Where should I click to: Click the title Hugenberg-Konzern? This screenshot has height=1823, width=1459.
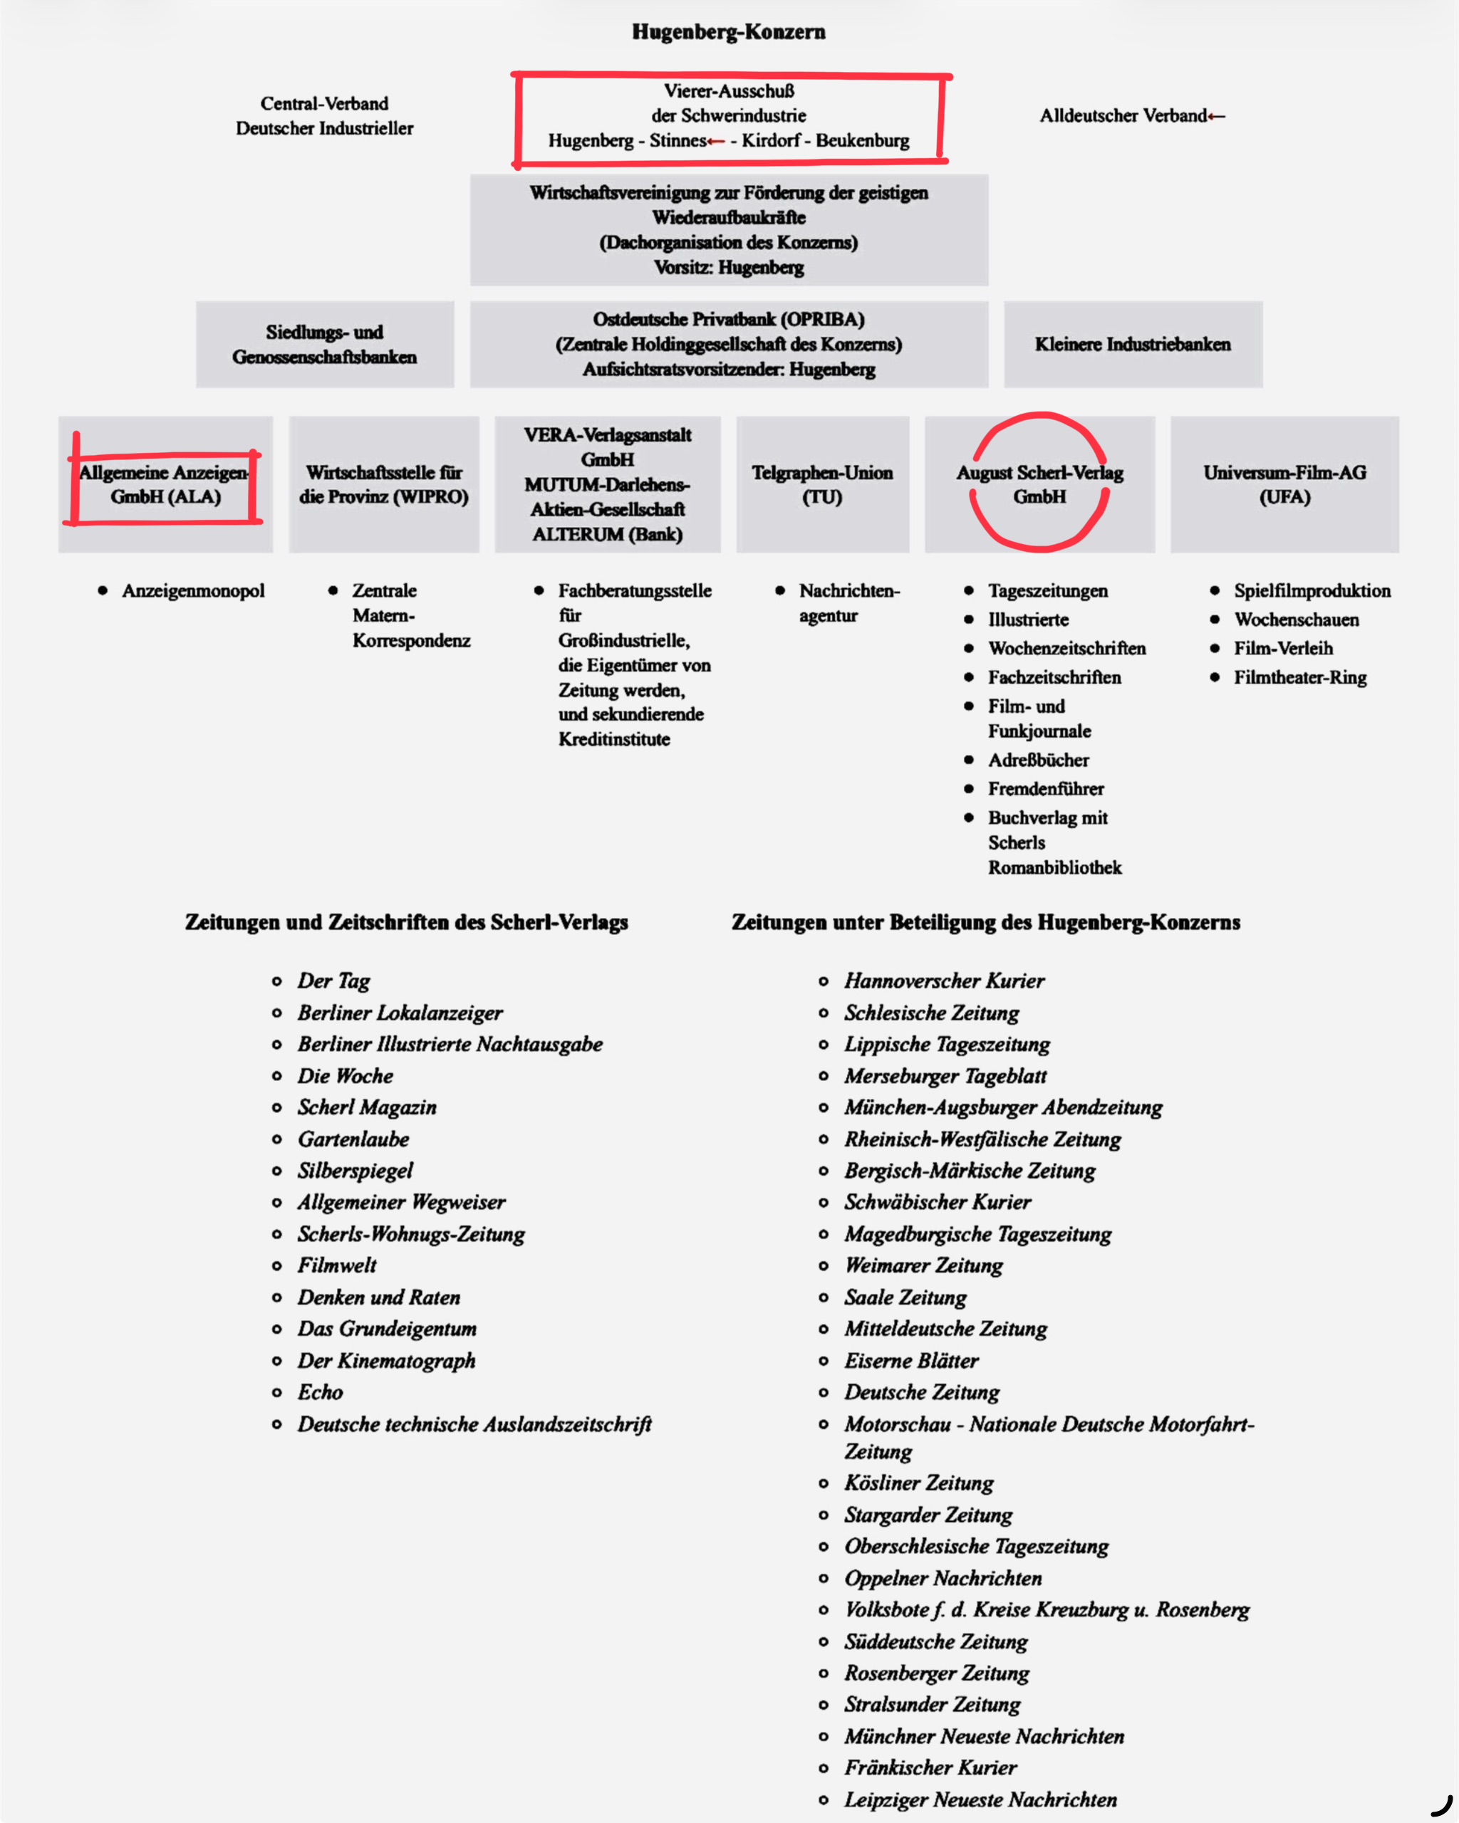(728, 32)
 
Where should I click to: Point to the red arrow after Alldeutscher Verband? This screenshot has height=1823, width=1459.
(1216, 116)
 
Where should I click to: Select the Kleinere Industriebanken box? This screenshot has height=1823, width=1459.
(1133, 344)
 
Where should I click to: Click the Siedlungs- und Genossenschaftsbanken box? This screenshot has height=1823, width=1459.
(325, 344)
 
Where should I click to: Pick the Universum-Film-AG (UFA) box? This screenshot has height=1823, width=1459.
(1284, 484)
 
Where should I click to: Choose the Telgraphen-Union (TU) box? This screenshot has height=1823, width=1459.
(822, 484)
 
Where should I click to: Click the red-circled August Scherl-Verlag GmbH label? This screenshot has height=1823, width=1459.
(1039, 484)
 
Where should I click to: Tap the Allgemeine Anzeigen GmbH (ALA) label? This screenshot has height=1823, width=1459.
(165, 484)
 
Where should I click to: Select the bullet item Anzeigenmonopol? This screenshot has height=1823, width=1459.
(193, 590)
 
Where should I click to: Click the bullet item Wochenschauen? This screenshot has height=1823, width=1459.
(1296, 619)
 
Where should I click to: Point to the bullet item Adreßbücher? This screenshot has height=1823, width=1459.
(1038, 759)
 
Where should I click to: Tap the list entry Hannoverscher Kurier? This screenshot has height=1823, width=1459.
(944, 981)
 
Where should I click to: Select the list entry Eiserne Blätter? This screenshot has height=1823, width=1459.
(911, 1361)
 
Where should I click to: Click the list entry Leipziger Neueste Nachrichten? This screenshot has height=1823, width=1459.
(980, 1800)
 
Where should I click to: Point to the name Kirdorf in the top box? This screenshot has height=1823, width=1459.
(769, 140)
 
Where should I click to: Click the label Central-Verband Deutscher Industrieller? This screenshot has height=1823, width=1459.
(325, 116)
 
